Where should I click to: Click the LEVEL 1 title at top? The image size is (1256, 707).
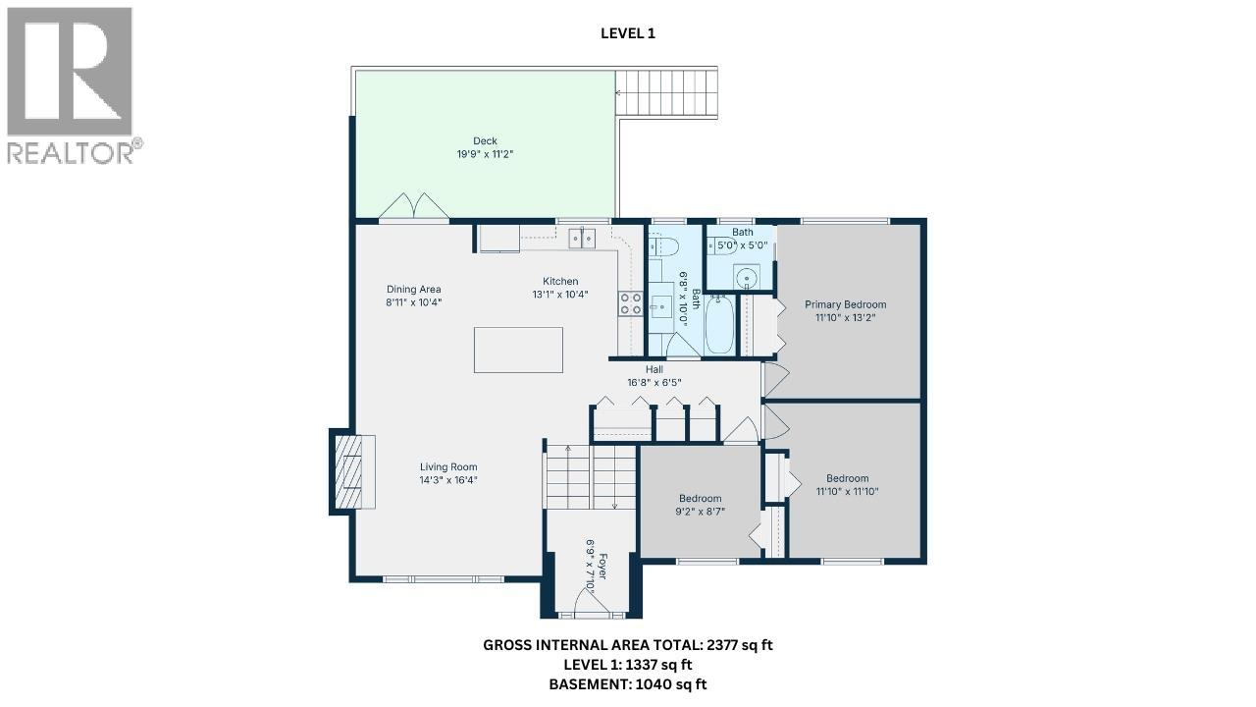click(628, 33)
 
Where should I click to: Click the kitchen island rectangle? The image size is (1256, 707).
click(518, 350)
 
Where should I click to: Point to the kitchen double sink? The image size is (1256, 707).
click(582, 238)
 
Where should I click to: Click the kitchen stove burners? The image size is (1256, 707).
click(629, 303)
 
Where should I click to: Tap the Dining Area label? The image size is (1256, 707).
click(413, 290)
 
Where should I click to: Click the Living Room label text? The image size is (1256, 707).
click(448, 467)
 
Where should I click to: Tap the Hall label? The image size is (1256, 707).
click(654, 369)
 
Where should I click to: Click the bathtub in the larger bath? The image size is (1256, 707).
click(719, 324)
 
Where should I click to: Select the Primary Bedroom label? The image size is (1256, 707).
click(845, 304)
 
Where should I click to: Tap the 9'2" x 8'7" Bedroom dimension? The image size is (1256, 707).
click(701, 511)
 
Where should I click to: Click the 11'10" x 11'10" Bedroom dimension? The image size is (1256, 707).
click(846, 491)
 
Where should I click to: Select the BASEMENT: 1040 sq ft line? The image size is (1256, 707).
click(628, 684)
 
